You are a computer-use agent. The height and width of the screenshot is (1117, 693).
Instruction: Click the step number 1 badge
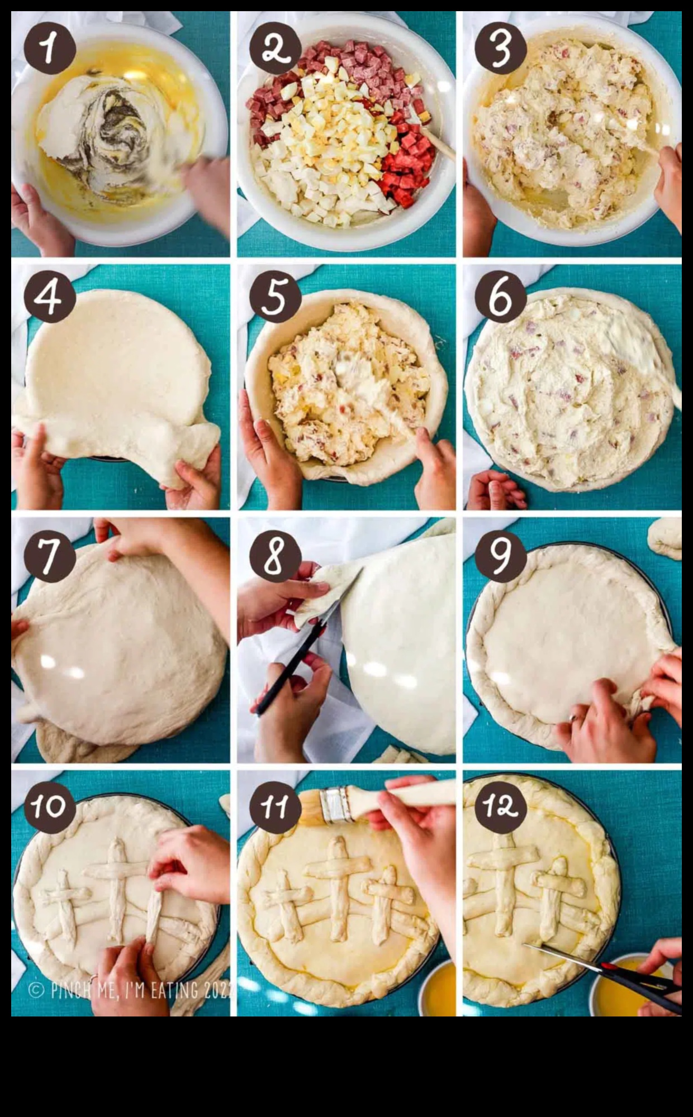coord(49,49)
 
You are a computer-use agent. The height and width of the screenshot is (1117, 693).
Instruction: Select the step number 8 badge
coord(274,556)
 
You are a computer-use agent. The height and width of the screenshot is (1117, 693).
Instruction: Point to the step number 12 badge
coord(500,806)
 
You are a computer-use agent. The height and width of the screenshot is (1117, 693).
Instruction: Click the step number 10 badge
coord(49,806)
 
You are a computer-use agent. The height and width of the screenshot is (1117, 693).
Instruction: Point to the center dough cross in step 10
coord(117,888)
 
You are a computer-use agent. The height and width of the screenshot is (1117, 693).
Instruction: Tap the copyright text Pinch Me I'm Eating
coord(131,990)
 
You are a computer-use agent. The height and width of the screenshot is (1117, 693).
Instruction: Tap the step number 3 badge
coord(500,49)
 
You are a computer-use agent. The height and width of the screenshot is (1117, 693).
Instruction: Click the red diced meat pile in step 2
coord(408,162)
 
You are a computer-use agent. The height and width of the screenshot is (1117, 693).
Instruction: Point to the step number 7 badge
coord(49,556)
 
